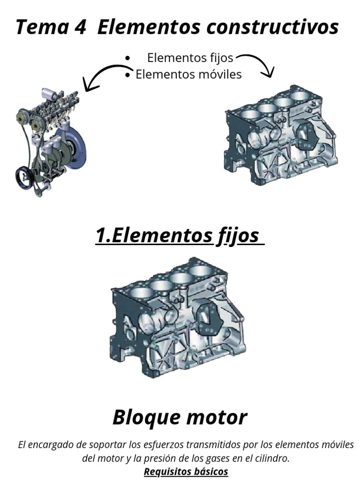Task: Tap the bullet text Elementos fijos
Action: pyautogui.click(x=190, y=58)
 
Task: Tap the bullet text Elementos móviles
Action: pyautogui.click(x=188, y=74)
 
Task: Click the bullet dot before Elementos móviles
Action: pyautogui.click(x=128, y=75)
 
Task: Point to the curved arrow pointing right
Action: pyautogui.click(x=257, y=63)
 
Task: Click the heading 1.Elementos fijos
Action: pyautogui.click(x=179, y=236)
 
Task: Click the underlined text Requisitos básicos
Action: pyautogui.click(x=186, y=471)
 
